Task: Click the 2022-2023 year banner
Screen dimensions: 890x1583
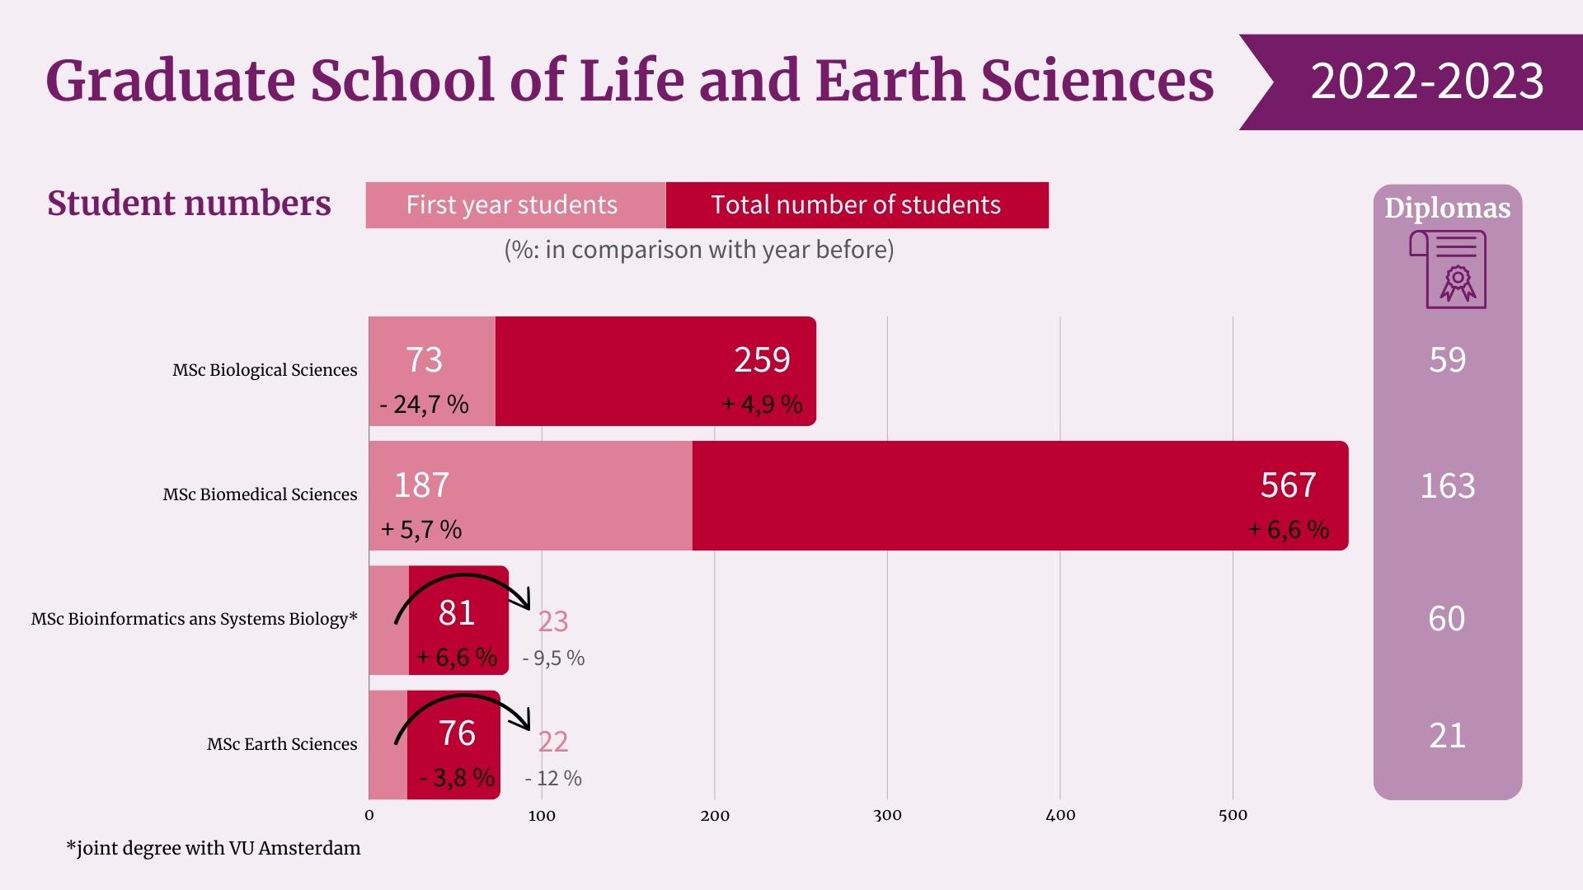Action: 1426,82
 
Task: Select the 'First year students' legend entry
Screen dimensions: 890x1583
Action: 512,205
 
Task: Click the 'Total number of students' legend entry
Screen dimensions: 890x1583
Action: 856,205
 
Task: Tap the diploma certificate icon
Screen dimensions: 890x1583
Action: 1448,269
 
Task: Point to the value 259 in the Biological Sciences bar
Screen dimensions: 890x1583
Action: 762,360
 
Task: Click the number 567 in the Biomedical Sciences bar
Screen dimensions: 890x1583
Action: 1288,485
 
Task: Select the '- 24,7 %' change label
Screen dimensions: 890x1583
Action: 425,405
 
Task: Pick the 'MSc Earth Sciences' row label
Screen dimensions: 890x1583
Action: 282,744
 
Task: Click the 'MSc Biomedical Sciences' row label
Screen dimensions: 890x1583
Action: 260,494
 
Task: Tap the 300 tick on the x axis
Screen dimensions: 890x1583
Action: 887,816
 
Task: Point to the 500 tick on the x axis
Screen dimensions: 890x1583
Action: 1233,816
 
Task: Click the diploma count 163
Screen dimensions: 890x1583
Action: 1447,486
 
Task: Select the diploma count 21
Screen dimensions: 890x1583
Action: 1447,736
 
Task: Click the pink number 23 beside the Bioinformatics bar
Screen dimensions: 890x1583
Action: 552,621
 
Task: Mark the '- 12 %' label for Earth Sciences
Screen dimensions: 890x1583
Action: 553,779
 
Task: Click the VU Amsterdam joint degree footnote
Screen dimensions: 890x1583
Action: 214,848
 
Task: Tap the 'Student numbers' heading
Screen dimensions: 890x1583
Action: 189,204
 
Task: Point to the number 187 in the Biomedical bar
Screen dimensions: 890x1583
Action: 421,485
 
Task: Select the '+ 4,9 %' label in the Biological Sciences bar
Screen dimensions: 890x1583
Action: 762,405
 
